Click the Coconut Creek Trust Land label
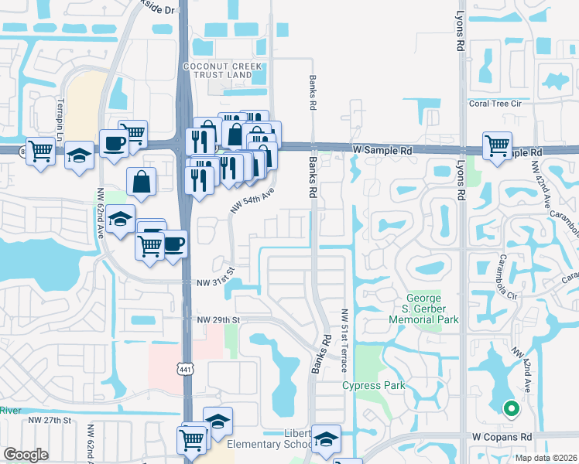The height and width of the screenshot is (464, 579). click(x=218, y=70)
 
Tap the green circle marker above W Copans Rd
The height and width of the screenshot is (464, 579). click(x=510, y=408)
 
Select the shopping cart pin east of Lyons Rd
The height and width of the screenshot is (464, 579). click(x=497, y=145)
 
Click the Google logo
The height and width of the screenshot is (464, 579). click(x=26, y=455)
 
